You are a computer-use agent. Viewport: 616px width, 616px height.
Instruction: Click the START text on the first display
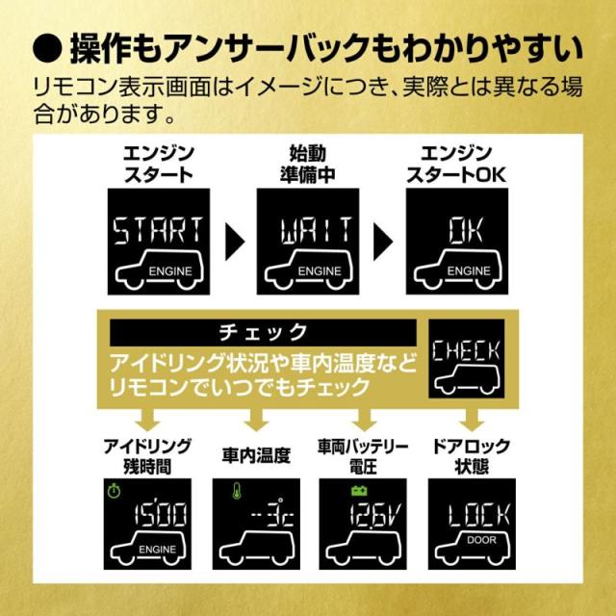[157, 230]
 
